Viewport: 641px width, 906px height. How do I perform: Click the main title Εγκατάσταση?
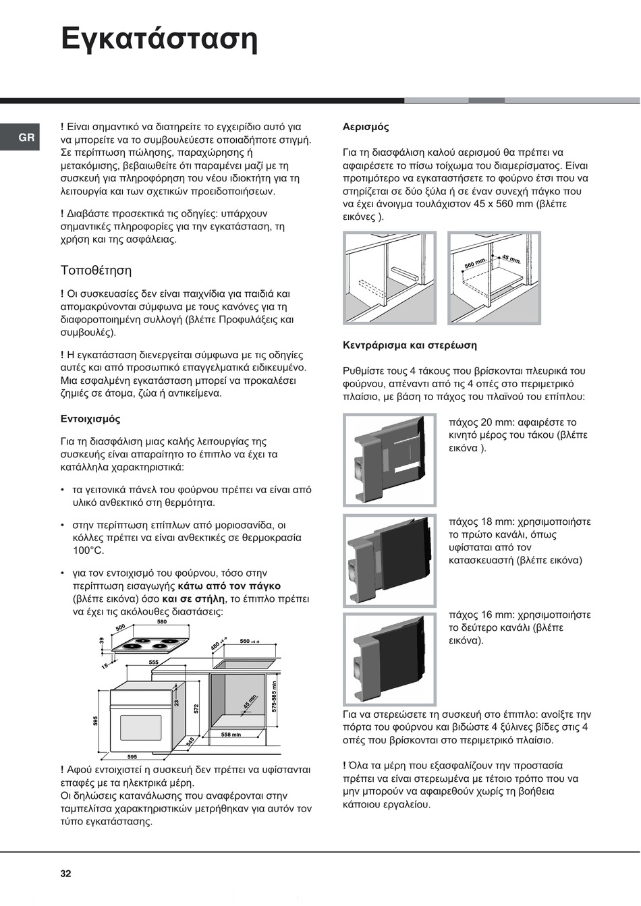point(159,38)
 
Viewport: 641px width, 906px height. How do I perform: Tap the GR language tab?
point(26,138)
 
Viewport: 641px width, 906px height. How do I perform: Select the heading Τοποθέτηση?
point(96,271)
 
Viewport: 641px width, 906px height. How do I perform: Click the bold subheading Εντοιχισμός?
point(90,419)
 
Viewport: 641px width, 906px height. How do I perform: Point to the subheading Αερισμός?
point(366,127)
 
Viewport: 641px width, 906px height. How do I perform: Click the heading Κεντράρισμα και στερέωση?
point(410,345)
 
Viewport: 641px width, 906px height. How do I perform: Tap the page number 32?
point(65,874)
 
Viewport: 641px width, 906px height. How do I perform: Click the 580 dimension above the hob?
point(162,622)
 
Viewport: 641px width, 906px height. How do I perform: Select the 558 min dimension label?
point(231,735)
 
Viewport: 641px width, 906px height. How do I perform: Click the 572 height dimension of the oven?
point(196,708)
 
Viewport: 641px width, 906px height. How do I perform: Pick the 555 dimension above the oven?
point(154,662)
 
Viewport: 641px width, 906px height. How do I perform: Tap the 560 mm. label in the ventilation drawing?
point(475,263)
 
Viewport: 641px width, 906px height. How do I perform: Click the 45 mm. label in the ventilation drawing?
point(511,259)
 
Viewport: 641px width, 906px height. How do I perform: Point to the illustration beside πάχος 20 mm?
point(390,460)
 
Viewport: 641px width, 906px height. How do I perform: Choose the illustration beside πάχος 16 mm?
point(390,658)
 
